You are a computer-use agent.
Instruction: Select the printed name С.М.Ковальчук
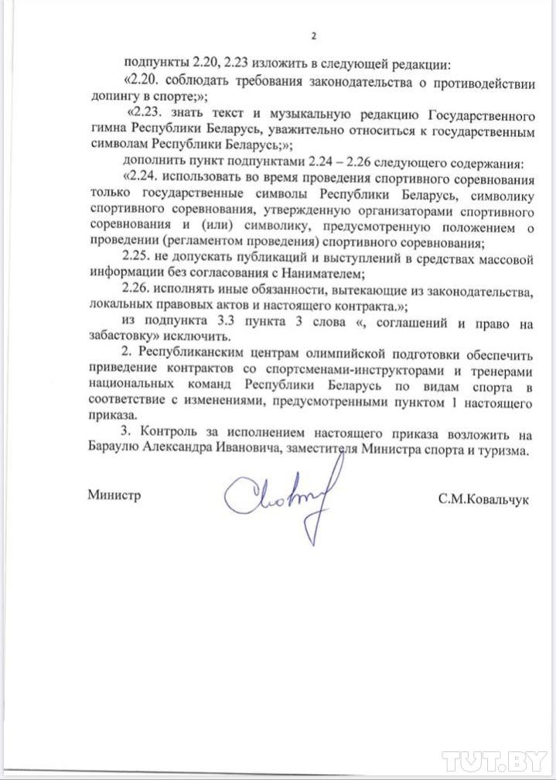pos(483,500)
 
